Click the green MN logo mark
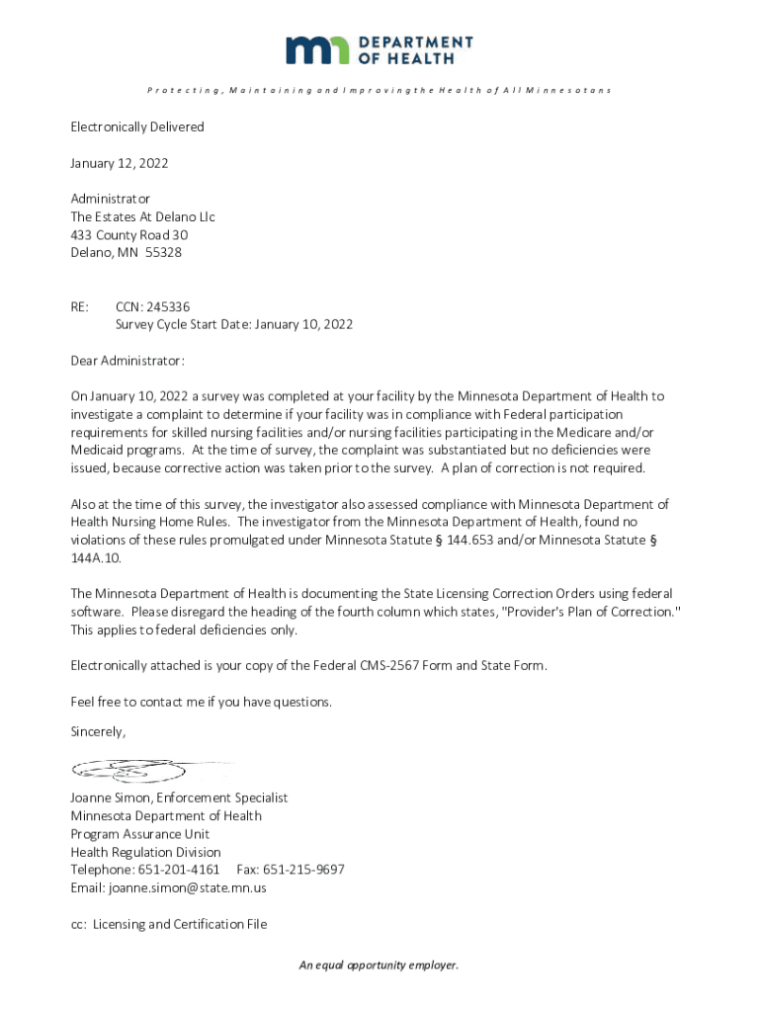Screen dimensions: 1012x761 [317, 49]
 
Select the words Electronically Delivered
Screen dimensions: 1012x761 [137, 126]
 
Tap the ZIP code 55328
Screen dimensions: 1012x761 [163, 252]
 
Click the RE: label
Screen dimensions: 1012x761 [80, 306]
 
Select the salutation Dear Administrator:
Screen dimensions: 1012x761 [127, 360]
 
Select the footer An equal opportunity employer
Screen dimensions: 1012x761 [380, 965]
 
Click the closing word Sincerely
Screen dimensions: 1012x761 [98, 732]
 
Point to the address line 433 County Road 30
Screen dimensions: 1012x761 [129, 234]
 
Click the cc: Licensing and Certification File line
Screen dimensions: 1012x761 [168, 924]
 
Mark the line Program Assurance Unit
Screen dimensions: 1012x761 [139, 834]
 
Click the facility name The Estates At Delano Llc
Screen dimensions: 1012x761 [142, 216]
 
